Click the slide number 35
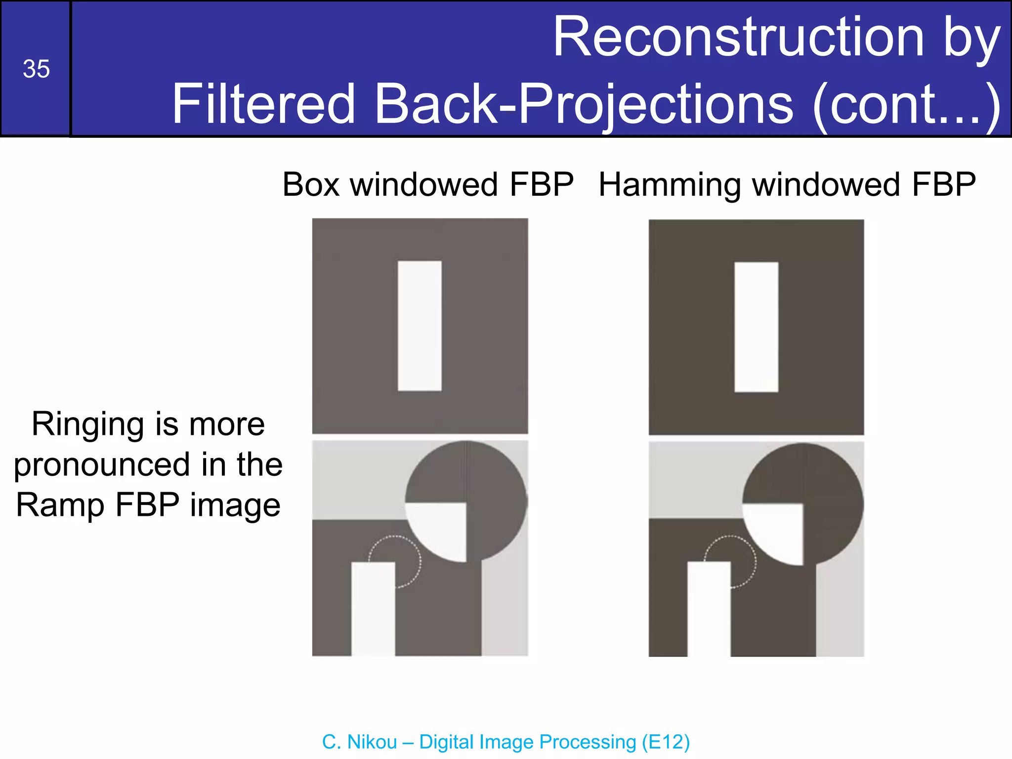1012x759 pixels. (x=36, y=69)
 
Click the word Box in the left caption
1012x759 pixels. (x=311, y=185)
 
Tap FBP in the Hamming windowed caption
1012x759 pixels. (x=944, y=185)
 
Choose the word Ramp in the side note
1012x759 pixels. (x=60, y=505)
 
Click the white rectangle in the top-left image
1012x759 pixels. (x=420, y=326)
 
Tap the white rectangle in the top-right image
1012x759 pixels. (x=756, y=327)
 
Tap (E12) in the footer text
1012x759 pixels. (x=666, y=742)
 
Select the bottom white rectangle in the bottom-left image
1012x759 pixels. (x=373, y=609)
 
